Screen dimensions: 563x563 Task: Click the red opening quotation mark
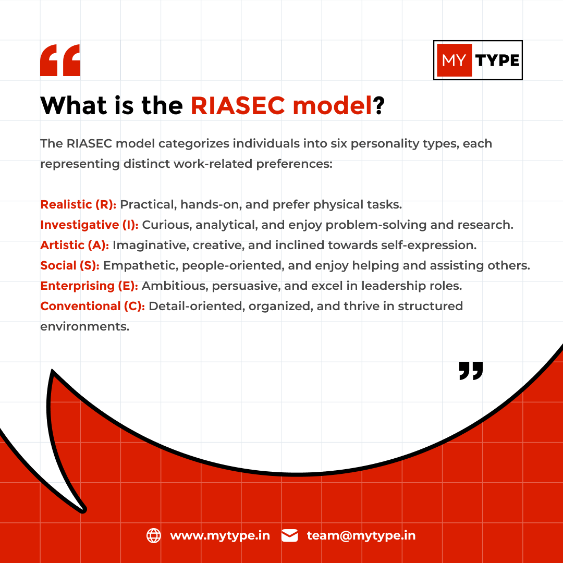click(60, 60)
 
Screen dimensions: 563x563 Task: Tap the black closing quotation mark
click(471, 370)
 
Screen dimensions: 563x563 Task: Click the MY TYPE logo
click(478, 60)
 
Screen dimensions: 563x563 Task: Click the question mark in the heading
click(378, 106)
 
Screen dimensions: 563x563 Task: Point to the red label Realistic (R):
click(78, 204)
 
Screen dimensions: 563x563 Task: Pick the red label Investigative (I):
click(89, 225)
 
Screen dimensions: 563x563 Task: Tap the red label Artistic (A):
click(75, 245)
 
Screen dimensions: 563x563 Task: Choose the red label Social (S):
click(70, 265)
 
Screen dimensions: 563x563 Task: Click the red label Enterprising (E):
click(89, 286)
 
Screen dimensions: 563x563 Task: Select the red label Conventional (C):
click(93, 306)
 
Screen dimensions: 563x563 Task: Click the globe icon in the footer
click(154, 536)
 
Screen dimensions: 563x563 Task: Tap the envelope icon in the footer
click(289, 536)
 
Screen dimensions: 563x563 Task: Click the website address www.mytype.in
click(220, 536)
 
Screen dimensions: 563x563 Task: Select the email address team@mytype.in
click(361, 536)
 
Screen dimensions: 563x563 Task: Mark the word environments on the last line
click(84, 327)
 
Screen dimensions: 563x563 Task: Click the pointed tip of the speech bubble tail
click(83, 509)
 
